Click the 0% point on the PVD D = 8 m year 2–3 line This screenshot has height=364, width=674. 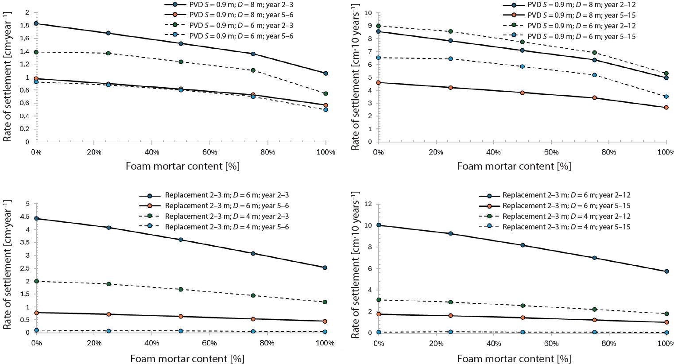point(36,23)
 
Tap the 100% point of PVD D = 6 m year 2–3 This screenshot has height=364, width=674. point(326,93)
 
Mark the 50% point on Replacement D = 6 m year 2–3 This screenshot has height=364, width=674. point(181,240)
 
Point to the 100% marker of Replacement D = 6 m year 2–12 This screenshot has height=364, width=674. point(666,271)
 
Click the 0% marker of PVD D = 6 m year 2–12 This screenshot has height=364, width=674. point(378,26)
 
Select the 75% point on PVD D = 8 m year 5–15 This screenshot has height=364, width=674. point(594,98)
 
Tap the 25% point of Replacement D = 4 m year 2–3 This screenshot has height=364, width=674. point(108,284)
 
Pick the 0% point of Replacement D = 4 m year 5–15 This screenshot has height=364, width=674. point(378,332)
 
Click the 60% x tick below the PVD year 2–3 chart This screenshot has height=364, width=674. point(210,152)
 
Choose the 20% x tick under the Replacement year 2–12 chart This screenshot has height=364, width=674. point(436,343)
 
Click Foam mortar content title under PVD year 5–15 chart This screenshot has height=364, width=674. point(514,167)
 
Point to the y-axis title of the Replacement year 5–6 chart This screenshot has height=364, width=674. point(7,266)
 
